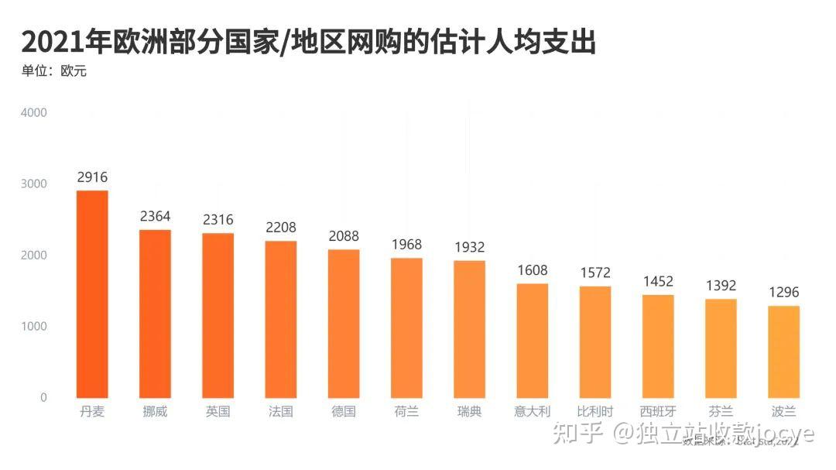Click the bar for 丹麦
tap(92, 294)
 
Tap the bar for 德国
tap(344, 324)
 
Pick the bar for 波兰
tap(783, 352)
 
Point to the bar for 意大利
tap(533, 341)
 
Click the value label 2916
tap(92, 177)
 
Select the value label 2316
tap(218, 220)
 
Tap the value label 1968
tap(406, 245)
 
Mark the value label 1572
tap(595, 273)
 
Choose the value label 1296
tap(783, 293)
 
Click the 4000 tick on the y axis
tap(34, 112)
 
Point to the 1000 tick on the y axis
tap(34, 326)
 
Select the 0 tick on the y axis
tap(43, 397)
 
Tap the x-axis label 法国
tap(280, 412)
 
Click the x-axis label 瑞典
tap(469, 412)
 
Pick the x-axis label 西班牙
tap(658, 412)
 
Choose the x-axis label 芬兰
tap(721, 412)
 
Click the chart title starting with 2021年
tap(308, 42)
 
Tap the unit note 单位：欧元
tap(53, 71)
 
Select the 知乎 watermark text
tap(577, 434)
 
